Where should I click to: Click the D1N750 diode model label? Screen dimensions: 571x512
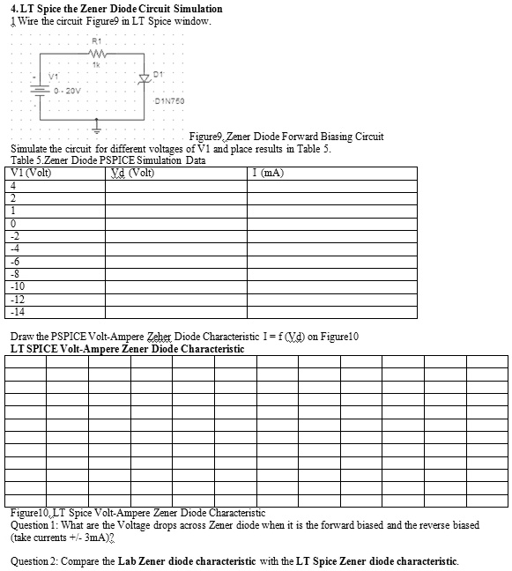[x=168, y=100]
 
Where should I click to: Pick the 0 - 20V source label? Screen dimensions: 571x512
[x=67, y=89]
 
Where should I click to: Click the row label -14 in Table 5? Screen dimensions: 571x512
[x=17, y=312]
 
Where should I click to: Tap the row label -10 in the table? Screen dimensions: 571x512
[x=17, y=286]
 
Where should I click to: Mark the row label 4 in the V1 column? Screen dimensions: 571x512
[x=13, y=186]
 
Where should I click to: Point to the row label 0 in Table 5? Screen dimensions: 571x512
[x=13, y=224]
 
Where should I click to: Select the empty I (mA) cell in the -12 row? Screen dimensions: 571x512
[x=331, y=300]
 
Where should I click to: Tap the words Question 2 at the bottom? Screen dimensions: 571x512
[x=35, y=561]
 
